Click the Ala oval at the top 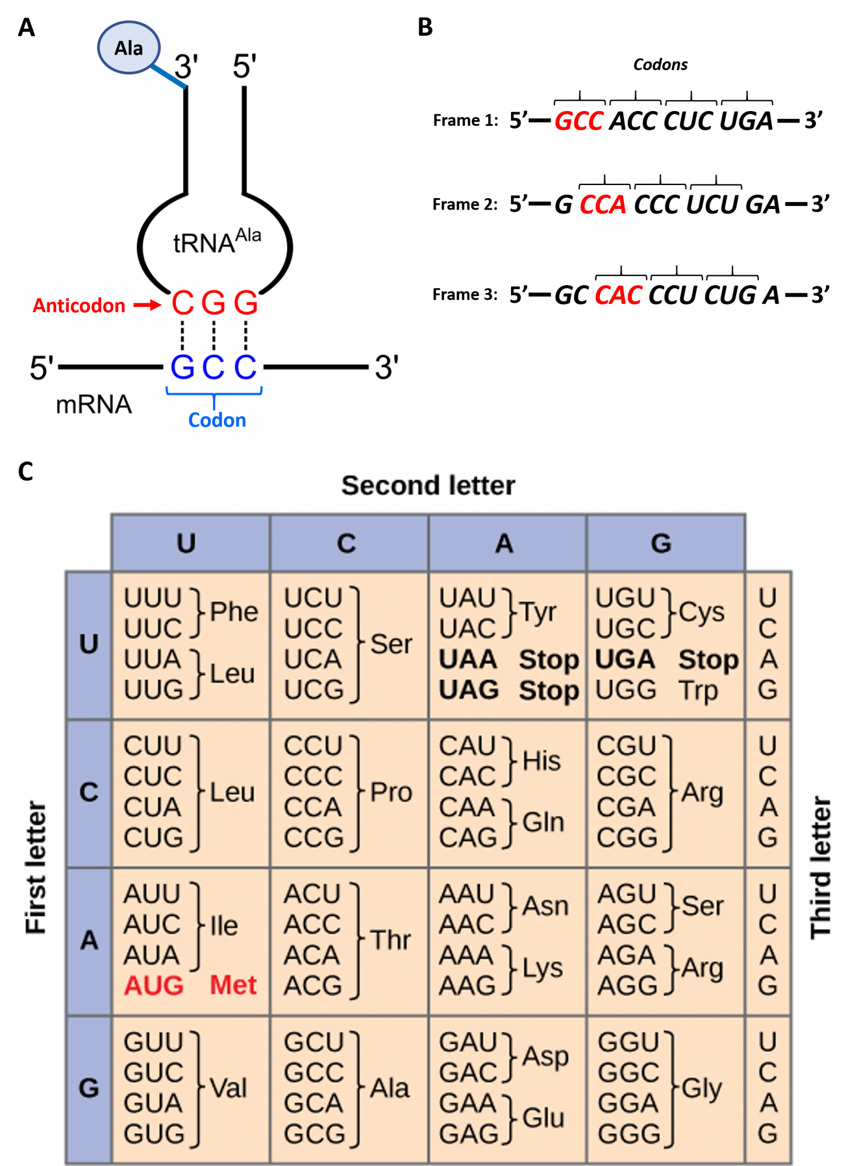(129, 48)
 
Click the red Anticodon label (79, 306)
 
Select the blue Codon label (217, 420)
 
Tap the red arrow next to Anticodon (148, 306)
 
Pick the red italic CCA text (603, 204)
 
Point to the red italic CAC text (618, 295)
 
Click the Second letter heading (428, 486)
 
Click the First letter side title (35, 868)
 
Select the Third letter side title (821, 868)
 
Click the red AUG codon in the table (154, 986)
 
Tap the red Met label (233, 985)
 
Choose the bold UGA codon (625, 659)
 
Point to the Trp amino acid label (698, 691)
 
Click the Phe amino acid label (234, 612)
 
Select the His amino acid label (541, 761)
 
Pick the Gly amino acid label (701, 1088)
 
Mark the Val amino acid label (228, 1088)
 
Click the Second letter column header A (504, 543)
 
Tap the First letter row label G (89, 1088)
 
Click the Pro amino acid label (391, 792)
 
